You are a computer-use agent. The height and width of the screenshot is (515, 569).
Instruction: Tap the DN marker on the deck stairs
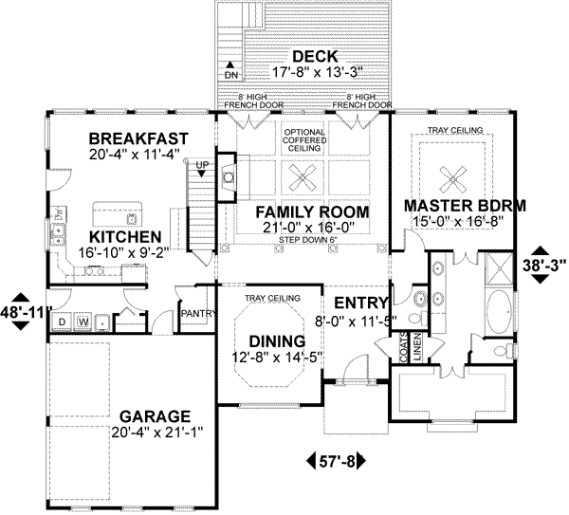(230, 73)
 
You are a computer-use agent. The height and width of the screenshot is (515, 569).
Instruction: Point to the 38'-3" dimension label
(543, 265)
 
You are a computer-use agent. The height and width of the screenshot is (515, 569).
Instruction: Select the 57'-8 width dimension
(337, 462)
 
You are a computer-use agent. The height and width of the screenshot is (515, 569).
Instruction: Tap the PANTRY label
(195, 311)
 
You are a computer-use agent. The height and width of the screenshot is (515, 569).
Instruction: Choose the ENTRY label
(352, 301)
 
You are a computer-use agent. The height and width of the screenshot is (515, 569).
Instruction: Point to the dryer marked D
(62, 321)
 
